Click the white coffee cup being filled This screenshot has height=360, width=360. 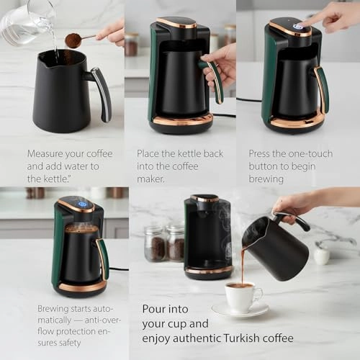pos(241,295)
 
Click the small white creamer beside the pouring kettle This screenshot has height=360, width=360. pos(322,255)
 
